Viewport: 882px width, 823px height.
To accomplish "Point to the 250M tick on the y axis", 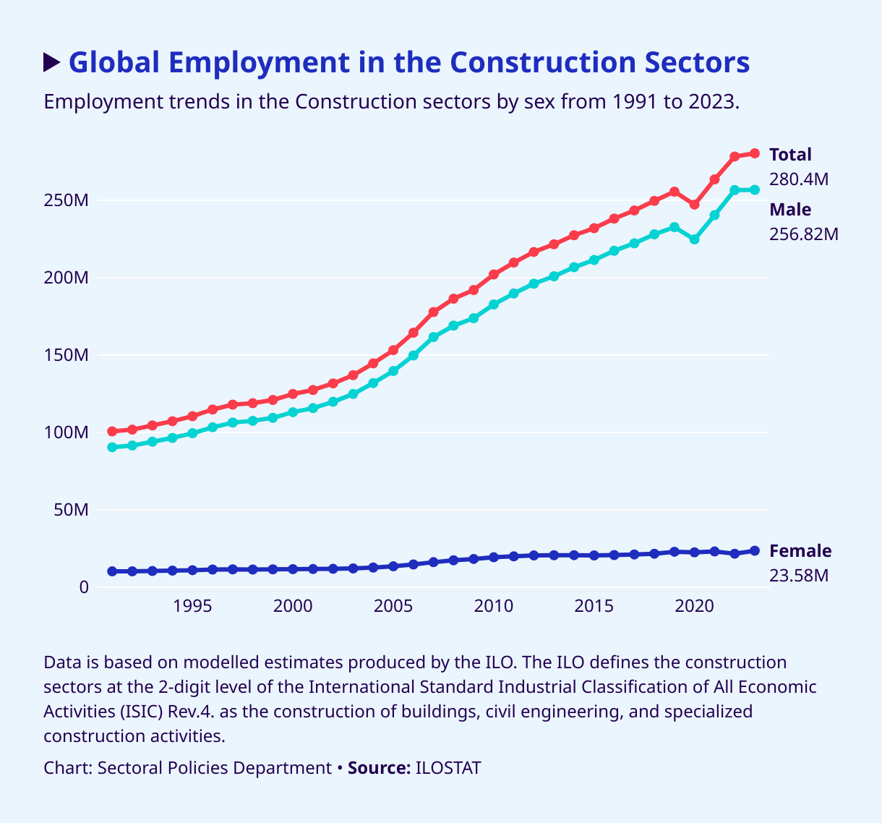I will point(67,200).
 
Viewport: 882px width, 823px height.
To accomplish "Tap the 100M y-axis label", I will point(67,432).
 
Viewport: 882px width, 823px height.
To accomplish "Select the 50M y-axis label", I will point(71,510).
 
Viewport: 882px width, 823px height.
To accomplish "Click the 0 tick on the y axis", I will point(84,587).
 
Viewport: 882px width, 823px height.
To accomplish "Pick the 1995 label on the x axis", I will point(192,605).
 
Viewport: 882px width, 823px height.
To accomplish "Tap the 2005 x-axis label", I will point(393,605).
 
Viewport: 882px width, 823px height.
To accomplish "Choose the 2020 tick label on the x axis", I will point(694,605).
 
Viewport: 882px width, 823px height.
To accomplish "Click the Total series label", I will point(790,155).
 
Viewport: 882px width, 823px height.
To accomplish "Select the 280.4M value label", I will point(799,179).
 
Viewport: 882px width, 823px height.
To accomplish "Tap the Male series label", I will point(790,210).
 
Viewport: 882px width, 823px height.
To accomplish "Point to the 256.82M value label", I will point(804,234).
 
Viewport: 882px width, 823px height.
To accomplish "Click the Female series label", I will point(800,551).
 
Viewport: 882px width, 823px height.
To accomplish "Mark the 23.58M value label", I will point(799,576).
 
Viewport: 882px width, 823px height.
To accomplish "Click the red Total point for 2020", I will point(694,205).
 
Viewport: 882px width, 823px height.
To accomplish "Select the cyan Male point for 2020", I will point(694,239).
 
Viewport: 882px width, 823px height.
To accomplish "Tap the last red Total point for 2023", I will point(755,153).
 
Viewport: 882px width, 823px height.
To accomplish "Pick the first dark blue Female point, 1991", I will point(112,571).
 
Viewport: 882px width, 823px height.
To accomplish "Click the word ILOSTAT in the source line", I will point(448,768).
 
